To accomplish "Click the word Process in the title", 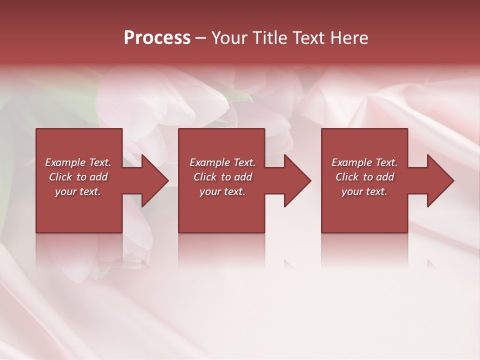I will pyautogui.click(x=157, y=38).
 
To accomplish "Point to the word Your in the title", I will pyautogui.click(x=230, y=38).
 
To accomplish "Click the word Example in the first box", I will pyautogui.click(x=65, y=162).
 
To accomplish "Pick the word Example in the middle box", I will pyautogui.click(x=209, y=162).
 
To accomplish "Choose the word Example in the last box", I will pyautogui.click(x=351, y=162).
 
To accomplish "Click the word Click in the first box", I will pyautogui.click(x=60, y=177).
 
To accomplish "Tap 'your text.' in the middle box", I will pyautogui.click(x=222, y=191).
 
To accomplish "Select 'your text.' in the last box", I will pyautogui.click(x=364, y=191).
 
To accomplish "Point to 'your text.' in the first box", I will pyautogui.click(x=77, y=191).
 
